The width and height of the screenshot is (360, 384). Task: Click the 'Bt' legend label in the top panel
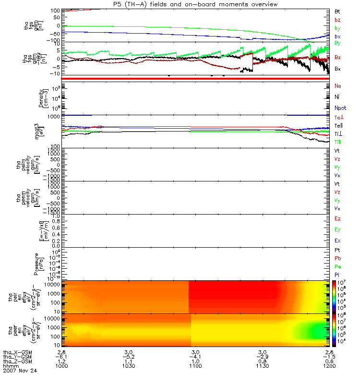337,11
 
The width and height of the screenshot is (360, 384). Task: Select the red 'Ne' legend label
338,85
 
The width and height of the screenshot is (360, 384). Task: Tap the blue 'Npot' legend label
340,108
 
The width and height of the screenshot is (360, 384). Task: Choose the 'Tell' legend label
338,125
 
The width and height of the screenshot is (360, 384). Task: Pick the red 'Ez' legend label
337,219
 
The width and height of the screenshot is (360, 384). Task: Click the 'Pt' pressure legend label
337,251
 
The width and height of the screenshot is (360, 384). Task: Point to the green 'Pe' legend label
338,266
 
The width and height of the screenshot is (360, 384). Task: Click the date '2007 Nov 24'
20,371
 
